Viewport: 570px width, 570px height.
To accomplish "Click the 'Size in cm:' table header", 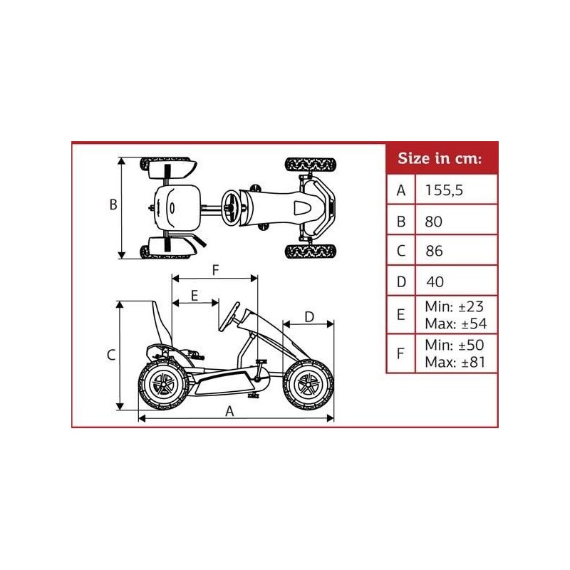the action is pos(440,158).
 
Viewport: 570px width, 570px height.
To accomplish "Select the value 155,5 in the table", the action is pos(444,190).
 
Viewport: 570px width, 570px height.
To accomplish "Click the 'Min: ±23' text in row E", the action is pos(454,307).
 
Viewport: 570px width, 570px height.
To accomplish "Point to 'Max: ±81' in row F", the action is pos(455,362).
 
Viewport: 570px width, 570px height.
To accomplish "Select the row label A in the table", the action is pos(401,190).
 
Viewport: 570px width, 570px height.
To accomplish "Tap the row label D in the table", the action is pos(401,281).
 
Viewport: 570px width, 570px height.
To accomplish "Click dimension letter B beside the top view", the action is pos(113,204).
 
